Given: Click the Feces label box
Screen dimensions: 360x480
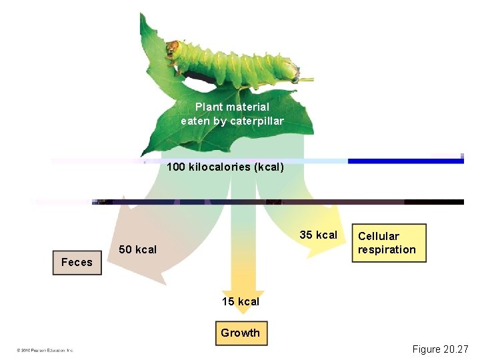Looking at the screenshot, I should point(77,263).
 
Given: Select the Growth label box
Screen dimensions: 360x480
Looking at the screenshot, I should point(241,333).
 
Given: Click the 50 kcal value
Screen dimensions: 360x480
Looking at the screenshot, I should point(137,250).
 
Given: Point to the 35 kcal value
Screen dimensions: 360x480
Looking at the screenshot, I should point(318,235).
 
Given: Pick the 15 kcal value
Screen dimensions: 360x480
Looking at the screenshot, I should point(241,301).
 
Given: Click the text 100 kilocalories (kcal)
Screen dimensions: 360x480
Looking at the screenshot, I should point(225,167).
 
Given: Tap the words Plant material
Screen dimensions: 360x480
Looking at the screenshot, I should point(232,107).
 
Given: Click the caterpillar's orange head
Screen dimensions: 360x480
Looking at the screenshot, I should point(173,48).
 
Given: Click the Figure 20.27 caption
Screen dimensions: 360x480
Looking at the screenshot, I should point(441,349).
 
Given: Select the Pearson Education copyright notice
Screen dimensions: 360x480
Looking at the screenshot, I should point(45,350).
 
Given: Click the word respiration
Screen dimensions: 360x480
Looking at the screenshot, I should point(387,250).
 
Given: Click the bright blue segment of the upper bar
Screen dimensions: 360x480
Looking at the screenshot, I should point(403,161).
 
